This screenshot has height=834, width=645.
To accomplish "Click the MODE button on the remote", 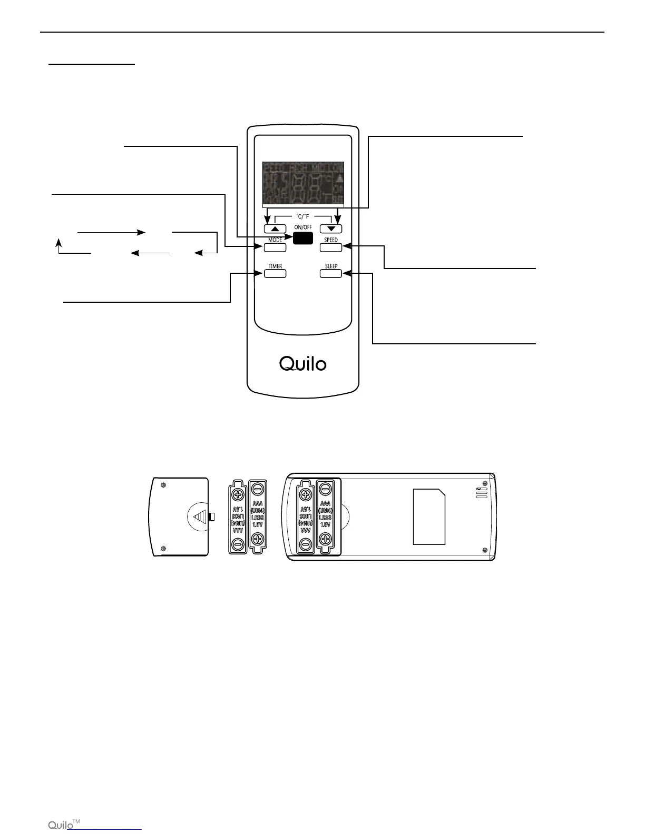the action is pyautogui.click(x=275, y=246).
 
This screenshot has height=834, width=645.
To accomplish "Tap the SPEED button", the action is pyautogui.click(x=330, y=246).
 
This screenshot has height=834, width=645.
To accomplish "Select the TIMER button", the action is pyautogui.click(x=275, y=273).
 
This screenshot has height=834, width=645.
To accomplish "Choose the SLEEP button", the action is pyautogui.click(x=330, y=273).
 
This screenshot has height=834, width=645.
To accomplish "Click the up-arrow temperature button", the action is pyautogui.click(x=275, y=229).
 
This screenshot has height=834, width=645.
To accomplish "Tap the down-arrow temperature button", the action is pyautogui.click(x=331, y=229).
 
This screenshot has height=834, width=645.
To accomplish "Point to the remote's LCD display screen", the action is pyautogui.click(x=303, y=183).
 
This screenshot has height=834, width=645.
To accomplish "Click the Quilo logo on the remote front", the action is pyautogui.click(x=303, y=363).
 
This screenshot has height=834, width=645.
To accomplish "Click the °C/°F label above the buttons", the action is pyautogui.click(x=303, y=216).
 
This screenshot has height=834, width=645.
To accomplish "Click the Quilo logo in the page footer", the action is pyautogui.click(x=61, y=825).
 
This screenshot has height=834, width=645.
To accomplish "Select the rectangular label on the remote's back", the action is pyautogui.click(x=429, y=516).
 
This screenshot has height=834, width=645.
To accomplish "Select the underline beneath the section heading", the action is pyautogui.click(x=92, y=65).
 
